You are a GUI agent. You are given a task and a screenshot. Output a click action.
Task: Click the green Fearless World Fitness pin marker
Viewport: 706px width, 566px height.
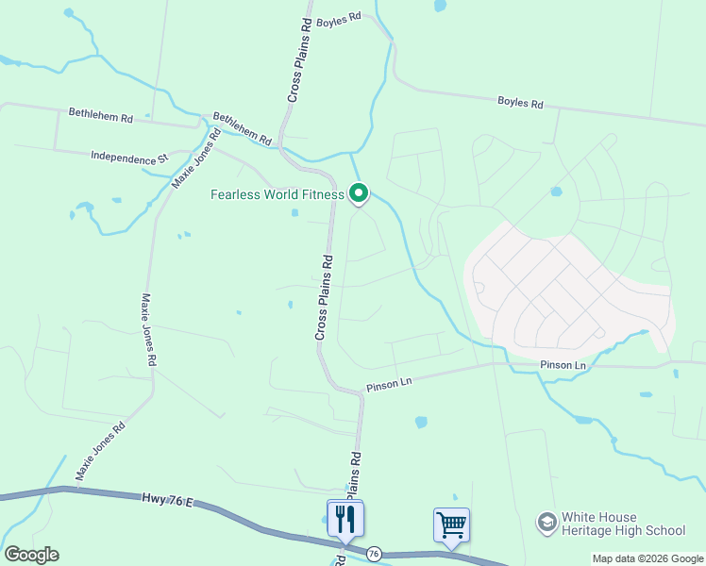(x=359, y=193)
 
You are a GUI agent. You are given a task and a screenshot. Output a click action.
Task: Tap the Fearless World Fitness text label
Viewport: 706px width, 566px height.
(x=277, y=195)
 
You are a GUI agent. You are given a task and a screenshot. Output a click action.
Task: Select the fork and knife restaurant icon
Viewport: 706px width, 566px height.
(x=345, y=518)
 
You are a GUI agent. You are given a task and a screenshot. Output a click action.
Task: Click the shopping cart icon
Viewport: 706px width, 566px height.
(x=451, y=524)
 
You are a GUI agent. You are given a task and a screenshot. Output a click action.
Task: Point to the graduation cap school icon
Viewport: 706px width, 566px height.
(x=546, y=523)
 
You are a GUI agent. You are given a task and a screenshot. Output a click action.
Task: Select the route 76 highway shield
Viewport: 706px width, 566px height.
(x=375, y=554)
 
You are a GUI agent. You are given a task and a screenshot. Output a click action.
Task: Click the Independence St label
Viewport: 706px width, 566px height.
(x=128, y=157)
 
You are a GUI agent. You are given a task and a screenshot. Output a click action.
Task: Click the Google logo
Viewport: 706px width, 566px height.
(x=31, y=555)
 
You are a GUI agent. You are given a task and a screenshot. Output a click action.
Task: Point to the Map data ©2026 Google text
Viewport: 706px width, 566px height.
(x=647, y=558)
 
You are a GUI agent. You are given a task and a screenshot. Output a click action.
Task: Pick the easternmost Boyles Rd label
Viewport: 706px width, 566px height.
(x=520, y=103)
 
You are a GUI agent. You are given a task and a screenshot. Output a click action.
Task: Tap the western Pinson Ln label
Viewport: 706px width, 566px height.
(x=390, y=383)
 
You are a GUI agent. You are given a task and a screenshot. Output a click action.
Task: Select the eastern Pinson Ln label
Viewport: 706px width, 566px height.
(x=563, y=365)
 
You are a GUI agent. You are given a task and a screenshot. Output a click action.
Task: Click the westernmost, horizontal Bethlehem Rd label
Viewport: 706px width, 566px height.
(x=101, y=117)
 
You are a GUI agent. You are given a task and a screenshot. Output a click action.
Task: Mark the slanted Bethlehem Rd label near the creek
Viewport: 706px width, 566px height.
(x=242, y=128)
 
